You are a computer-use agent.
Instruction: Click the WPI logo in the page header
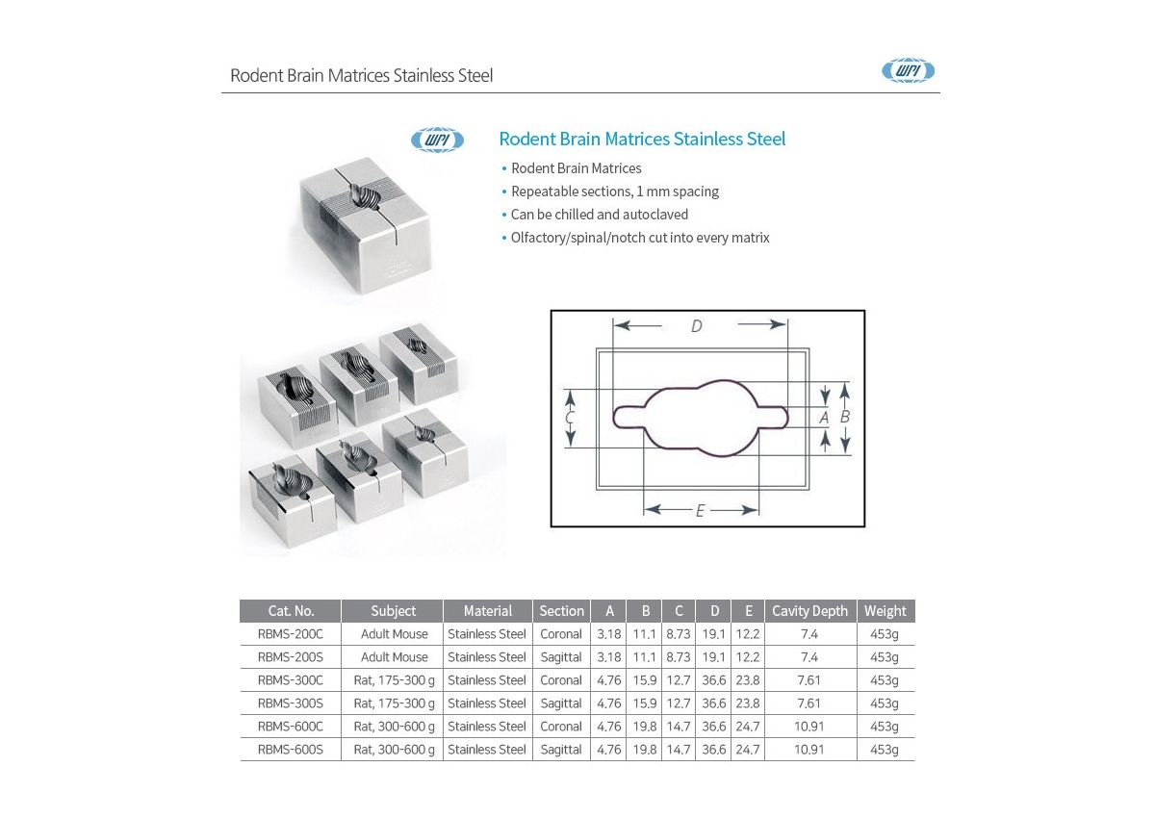908,70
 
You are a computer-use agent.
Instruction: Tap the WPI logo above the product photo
437,140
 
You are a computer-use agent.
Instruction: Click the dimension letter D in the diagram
697,326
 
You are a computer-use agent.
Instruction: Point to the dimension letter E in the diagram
700,511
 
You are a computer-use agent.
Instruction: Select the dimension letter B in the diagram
845,417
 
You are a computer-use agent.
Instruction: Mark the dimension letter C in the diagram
569,418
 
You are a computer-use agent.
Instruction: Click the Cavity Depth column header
809,611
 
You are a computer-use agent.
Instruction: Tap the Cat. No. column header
291,611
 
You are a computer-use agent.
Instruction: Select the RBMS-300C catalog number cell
291,680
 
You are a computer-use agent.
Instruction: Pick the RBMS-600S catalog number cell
291,750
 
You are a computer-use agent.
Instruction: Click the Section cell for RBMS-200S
561,657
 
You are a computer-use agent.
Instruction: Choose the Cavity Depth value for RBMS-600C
809,727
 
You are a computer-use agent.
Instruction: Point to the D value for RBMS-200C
713,634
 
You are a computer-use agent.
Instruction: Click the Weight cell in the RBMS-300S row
885,703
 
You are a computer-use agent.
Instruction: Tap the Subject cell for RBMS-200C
395,634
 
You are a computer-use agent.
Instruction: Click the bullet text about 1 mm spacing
615,192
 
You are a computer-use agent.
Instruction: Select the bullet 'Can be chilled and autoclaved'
599,215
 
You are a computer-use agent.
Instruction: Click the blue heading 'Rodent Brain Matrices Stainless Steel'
642,139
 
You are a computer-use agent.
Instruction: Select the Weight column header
885,611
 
